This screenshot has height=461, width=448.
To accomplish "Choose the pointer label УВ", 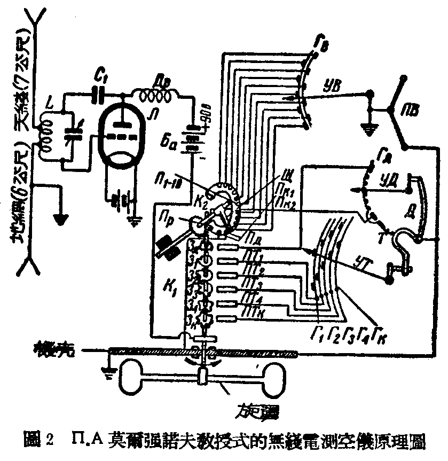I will tap(332, 85).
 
